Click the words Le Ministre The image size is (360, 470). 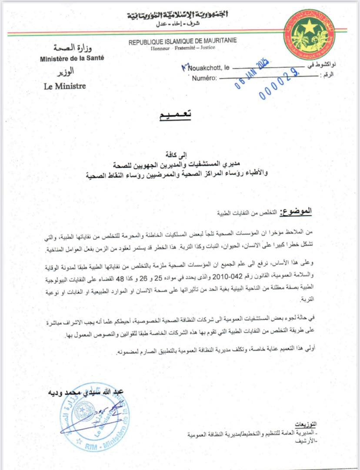click(65, 86)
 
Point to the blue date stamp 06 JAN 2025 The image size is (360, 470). click(253, 74)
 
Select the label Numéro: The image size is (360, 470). click(204, 78)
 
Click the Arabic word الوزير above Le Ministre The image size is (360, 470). click(65, 71)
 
